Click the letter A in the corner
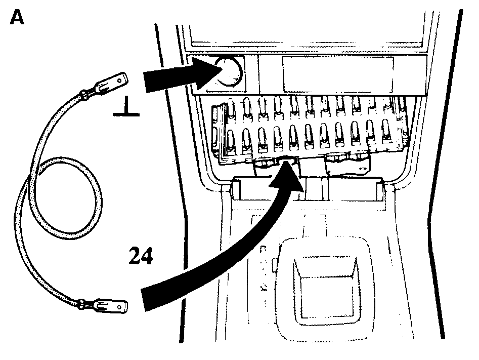point(17,17)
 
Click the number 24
point(141,256)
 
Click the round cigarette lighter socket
point(228,72)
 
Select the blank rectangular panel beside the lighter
point(338,74)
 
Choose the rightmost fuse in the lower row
point(386,131)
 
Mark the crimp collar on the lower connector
point(81,304)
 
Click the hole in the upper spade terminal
point(120,81)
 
